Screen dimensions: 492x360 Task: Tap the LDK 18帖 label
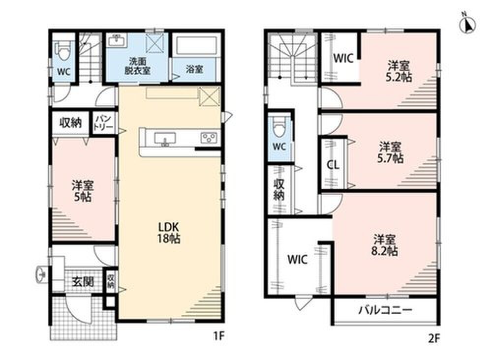[x=168, y=232]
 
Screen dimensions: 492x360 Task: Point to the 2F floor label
[x=434, y=338]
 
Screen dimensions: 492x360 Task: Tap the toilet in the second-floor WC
[x=279, y=127]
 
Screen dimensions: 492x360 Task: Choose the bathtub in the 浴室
[x=196, y=46]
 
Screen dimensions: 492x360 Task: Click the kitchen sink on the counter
[x=165, y=139]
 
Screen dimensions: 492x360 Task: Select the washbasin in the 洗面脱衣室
[x=117, y=41]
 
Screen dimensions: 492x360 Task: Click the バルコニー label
[x=385, y=310]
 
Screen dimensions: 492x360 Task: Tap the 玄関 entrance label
[x=83, y=282]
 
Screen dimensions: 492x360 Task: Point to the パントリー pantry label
[x=104, y=122]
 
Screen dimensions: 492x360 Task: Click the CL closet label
[x=333, y=165]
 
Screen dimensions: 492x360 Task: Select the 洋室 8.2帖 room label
[x=385, y=245]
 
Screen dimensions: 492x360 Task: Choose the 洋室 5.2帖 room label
[x=399, y=71]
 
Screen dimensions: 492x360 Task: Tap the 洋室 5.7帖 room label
[x=390, y=152]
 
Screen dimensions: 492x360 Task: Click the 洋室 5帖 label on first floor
[x=83, y=191]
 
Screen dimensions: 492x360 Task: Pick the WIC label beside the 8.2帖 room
[x=297, y=260]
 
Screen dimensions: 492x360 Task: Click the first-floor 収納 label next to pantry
[x=70, y=122]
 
